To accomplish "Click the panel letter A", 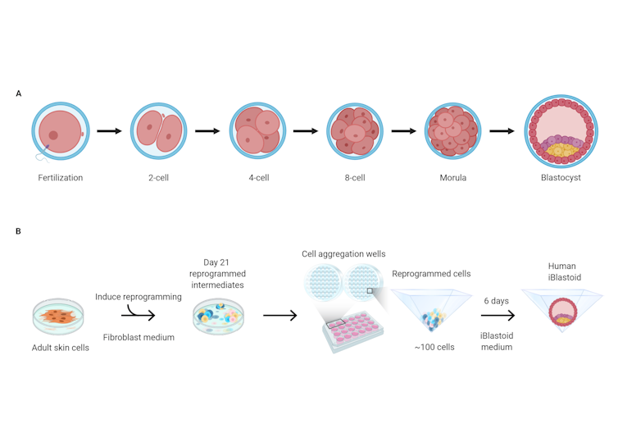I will (x=19, y=93).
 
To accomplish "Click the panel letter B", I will (x=19, y=231).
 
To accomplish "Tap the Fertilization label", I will (x=60, y=177).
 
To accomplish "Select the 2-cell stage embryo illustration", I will (x=158, y=131).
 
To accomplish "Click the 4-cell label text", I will (x=257, y=177).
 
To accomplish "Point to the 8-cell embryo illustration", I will (x=355, y=131).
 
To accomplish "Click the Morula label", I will (x=453, y=177).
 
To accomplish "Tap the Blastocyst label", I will (x=561, y=177).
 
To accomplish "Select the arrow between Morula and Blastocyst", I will (x=502, y=131).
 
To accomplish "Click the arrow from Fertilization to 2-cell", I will (x=109, y=131).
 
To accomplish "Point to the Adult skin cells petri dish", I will (x=58, y=317).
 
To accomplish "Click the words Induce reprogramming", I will (x=139, y=297).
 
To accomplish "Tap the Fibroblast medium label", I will (x=139, y=337).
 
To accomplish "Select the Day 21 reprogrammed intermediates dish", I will (x=218, y=317).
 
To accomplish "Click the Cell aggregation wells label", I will (x=343, y=254).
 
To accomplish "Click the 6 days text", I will (x=496, y=301).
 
